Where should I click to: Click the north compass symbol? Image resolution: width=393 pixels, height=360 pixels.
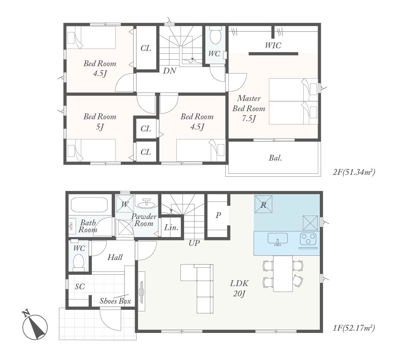click(35, 326)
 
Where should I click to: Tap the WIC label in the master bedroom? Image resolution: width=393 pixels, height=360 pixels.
click(273, 45)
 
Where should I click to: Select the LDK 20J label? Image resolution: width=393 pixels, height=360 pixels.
click(239, 288)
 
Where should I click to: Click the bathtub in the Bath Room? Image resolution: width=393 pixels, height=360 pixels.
click(89, 205)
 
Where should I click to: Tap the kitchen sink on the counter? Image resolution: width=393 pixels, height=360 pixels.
click(278, 239)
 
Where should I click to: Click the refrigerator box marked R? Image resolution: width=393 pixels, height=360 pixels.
click(263, 204)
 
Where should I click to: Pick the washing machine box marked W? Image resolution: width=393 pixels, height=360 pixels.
click(124, 204)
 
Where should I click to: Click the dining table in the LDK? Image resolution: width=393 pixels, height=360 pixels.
click(283, 274)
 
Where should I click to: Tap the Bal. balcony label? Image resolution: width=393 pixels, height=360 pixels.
click(275, 158)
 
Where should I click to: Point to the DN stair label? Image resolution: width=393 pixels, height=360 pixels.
click(170, 71)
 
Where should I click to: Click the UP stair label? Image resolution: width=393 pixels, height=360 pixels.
click(194, 243)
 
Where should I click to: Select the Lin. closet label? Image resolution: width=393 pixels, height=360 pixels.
click(171, 228)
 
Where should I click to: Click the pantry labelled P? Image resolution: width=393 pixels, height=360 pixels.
click(218, 215)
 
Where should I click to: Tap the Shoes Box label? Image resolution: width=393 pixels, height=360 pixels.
click(115, 301)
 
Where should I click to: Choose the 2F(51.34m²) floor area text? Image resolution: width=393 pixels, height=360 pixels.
click(354, 172)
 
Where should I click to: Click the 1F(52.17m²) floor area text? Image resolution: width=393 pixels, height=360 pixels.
click(353, 328)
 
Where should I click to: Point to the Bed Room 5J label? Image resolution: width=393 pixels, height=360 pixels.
click(100, 122)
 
